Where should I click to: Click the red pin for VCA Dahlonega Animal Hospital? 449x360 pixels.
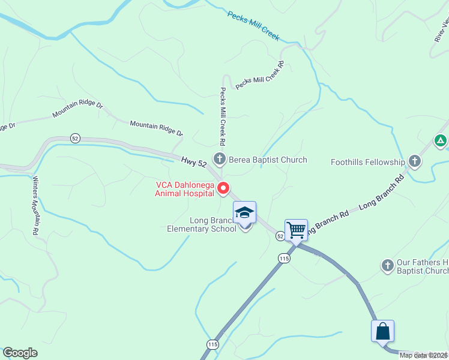point(223,188)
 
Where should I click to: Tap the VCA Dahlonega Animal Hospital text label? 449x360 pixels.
point(184,189)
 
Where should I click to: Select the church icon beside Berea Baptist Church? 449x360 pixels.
point(220,159)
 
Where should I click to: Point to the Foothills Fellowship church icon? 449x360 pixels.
point(414,161)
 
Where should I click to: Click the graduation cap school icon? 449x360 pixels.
point(245,213)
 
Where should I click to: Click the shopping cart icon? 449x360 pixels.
point(296,230)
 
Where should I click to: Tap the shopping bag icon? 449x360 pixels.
point(382,331)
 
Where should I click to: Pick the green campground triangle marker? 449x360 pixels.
point(441,142)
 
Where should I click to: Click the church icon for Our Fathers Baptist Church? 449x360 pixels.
point(387,264)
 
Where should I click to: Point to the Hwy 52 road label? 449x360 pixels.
point(194,161)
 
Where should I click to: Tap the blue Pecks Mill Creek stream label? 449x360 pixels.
point(253,26)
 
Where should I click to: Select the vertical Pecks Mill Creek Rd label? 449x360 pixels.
point(222,117)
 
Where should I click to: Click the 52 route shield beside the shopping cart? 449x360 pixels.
point(280,237)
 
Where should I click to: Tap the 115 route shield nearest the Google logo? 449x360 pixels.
point(212,344)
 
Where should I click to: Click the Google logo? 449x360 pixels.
point(20,353)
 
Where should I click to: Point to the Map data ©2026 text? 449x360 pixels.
point(423,355)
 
